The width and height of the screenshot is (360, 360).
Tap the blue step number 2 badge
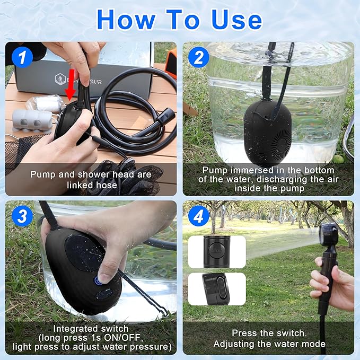pyautogui.click(x=198, y=57)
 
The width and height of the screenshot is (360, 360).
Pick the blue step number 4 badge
pyautogui.click(x=198, y=215)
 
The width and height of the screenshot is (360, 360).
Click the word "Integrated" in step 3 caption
pyautogui.click(x=74, y=329)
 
